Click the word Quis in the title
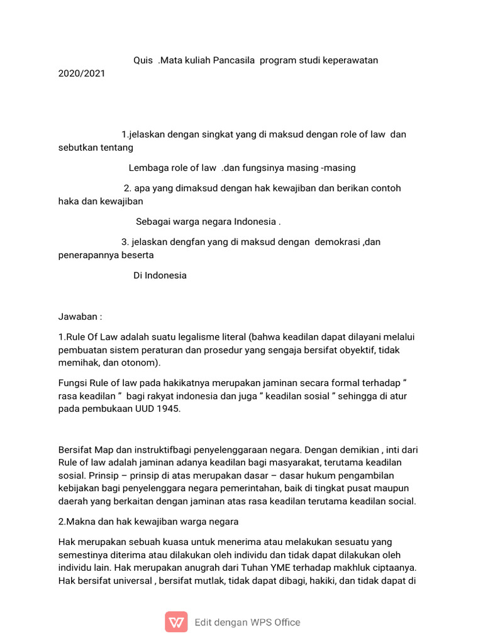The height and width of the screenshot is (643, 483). point(143,61)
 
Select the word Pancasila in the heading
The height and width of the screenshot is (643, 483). point(231,61)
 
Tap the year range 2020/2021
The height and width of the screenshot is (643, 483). point(82,73)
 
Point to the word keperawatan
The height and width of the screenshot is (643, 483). point(349,61)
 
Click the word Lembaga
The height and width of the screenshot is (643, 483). point(149,168)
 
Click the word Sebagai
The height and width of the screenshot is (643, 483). point(153,222)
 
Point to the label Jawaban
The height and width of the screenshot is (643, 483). point(78,316)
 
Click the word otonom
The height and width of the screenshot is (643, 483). point(142,363)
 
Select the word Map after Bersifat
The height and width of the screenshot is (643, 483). point(104,450)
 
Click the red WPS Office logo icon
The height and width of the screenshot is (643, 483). point(176,622)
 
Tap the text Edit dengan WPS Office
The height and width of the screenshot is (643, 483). point(247,623)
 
